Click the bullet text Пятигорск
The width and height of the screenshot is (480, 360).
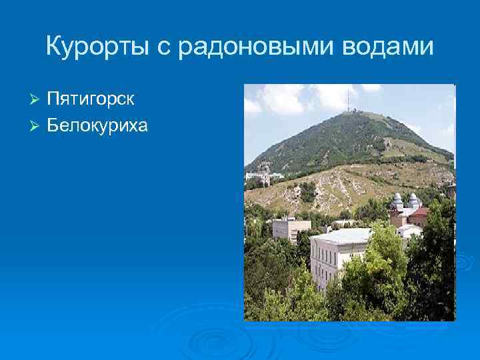[x=91, y=100]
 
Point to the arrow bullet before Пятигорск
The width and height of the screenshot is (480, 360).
[x=37, y=100]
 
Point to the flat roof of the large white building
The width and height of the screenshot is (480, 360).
[x=343, y=235]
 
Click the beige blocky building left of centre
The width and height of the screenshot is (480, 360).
[x=291, y=229]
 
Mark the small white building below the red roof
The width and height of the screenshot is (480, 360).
[x=408, y=231]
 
